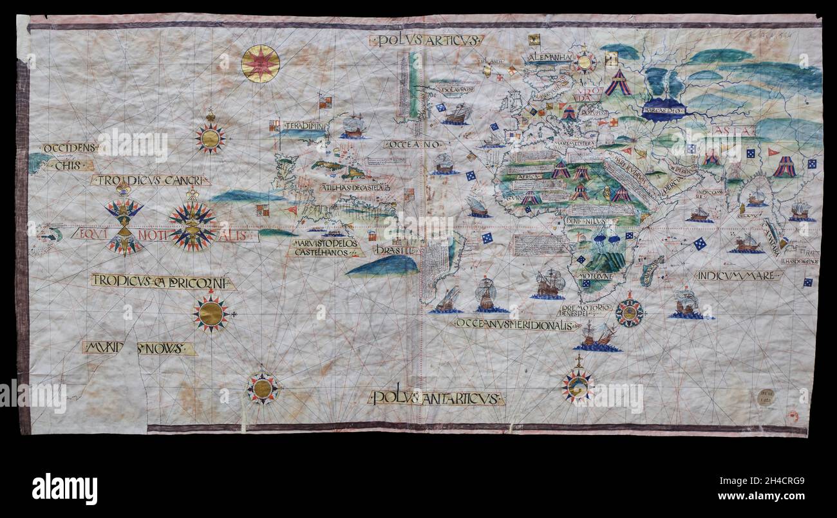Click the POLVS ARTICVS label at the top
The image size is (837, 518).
426,41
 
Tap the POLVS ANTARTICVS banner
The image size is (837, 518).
436,398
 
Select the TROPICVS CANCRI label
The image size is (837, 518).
151,180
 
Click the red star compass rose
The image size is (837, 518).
260,64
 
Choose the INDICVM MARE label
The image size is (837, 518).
738,275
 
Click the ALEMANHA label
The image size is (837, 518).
549,57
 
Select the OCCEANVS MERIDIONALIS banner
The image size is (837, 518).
516,324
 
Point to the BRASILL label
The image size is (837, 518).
395,249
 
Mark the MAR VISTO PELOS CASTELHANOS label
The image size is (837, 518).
326,248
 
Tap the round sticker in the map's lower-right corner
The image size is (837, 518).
765,397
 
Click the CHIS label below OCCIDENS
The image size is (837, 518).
70,165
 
